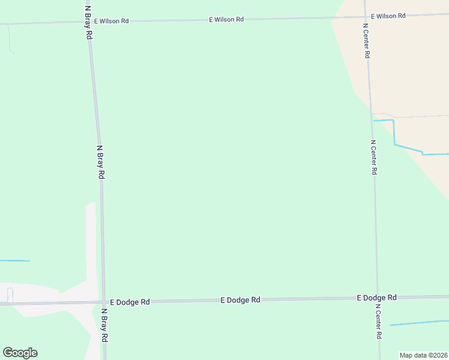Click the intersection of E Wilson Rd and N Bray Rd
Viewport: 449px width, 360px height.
(89, 22)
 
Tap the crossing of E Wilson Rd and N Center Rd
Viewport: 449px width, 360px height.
(366, 17)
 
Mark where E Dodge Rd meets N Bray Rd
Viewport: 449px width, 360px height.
(104, 302)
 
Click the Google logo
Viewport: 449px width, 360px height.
(20, 353)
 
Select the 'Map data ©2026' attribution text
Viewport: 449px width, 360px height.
(423, 355)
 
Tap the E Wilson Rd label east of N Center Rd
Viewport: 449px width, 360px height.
(388, 16)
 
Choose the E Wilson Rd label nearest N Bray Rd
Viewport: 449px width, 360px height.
(111, 21)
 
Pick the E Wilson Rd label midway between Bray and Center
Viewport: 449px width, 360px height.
(226, 19)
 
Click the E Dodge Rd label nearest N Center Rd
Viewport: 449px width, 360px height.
(376, 298)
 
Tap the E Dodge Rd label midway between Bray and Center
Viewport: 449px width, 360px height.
(240, 299)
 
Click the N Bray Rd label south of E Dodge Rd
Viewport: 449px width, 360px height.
(104, 326)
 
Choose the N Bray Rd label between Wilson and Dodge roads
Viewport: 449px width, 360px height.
(101, 163)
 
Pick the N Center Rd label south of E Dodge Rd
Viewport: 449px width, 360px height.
(379, 322)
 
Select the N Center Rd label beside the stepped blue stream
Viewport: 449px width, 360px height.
(373, 157)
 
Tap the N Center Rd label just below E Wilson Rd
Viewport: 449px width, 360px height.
(366, 41)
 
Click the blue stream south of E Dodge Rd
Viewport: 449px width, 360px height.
(419, 323)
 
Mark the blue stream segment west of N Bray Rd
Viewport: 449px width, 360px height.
(14, 260)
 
